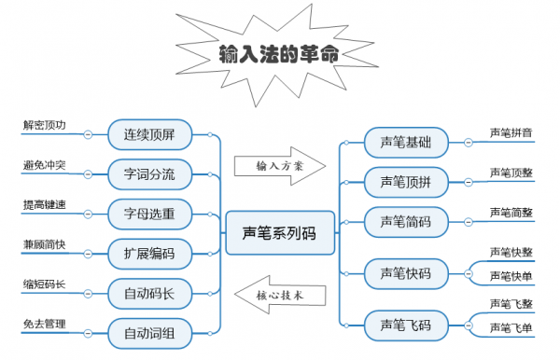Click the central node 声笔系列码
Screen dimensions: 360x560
pyautogui.click(x=279, y=233)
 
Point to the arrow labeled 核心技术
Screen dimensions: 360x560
pyautogui.click(x=281, y=294)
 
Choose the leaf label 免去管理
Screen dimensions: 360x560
pyautogui.click(x=45, y=323)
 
